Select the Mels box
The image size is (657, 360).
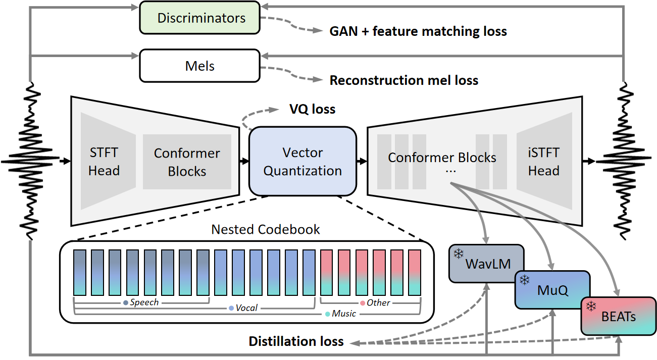pyautogui.click(x=200, y=66)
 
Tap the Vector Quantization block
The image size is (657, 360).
pyautogui.click(x=302, y=162)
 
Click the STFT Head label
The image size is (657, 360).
pyautogui.click(x=104, y=162)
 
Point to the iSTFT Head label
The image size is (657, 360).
pyautogui.click(x=543, y=162)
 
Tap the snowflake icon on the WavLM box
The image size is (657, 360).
pyautogui.click(x=459, y=254)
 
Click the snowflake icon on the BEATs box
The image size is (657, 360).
pyautogui.click(x=591, y=306)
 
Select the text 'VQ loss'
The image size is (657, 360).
pyautogui.click(x=312, y=109)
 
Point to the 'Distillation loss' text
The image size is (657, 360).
pyautogui.click(x=296, y=342)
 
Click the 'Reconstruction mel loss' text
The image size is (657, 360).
pyautogui.click(x=403, y=80)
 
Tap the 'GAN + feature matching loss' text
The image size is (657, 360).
pyautogui.click(x=418, y=31)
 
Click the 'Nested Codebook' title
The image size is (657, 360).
pyautogui.click(x=266, y=229)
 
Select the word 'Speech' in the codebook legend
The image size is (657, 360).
pyautogui.click(x=144, y=302)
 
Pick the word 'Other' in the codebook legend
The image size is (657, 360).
pyautogui.click(x=378, y=302)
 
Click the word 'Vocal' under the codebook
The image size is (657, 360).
pyautogui.click(x=246, y=308)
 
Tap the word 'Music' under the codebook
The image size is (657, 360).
pyautogui.click(x=343, y=314)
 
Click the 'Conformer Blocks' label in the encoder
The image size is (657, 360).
pyautogui.click(x=187, y=162)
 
